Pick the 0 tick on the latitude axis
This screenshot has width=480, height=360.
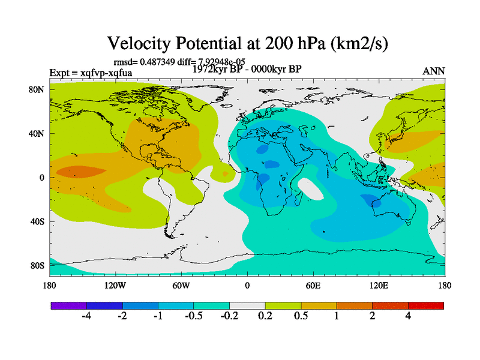click(x=43, y=178)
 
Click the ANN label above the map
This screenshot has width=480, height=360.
click(x=434, y=71)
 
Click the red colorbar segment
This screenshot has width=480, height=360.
click(x=426, y=305)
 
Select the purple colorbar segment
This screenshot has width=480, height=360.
click(x=68, y=305)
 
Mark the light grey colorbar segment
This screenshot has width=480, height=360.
click(x=247, y=305)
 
